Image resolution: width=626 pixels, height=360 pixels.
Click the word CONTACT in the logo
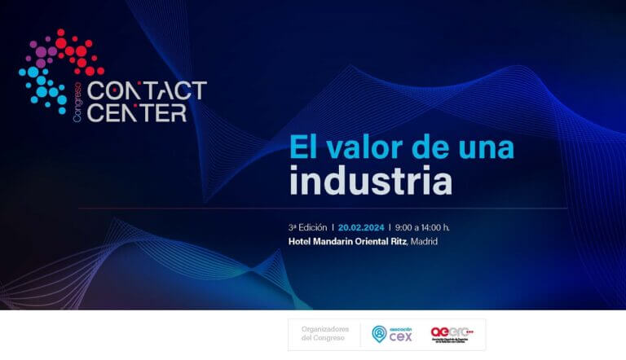coord(146,91)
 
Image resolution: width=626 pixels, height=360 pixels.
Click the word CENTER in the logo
coord(136,112)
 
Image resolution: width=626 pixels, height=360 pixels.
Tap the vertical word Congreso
coord(78,105)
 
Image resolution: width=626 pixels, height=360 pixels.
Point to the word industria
coord(370,181)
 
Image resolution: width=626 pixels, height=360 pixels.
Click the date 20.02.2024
coord(361,227)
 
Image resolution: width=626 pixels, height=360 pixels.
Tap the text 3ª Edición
coord(307,227)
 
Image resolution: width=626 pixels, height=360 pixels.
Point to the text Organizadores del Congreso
coord(324,334)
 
